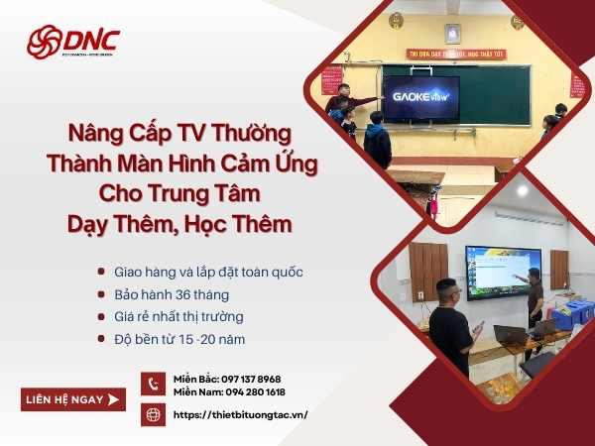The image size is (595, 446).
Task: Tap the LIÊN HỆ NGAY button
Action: pyautogui.click(x=73, y=398)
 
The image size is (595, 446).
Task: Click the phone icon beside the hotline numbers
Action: pyautogui.click(x=153, y=385)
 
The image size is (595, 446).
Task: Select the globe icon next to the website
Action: pyautogui.click(x=153, y=414)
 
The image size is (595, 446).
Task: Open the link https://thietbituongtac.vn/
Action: pyautogui.click(x=240, y=414)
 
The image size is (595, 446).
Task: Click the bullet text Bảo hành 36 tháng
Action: pyautogui.click(x=172, y=293)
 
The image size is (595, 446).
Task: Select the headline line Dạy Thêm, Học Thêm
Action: pyautogui.click(x=179, y=224)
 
